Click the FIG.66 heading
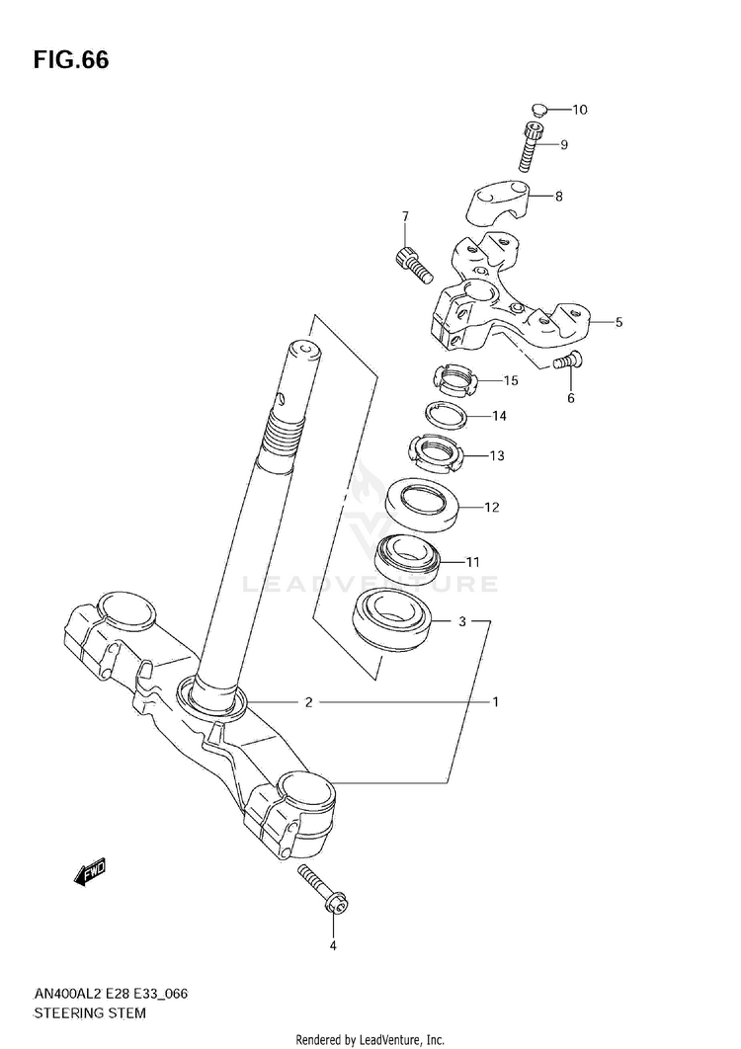pyautogui.click(x=70, y=60)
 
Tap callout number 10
pyautogui.click(x=579, y=109)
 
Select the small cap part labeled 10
pyautogui.click(x=539, y=109)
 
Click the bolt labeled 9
pyautogui.click(x=532, y=145)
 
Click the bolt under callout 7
pyautogui.click(x=411, y=267)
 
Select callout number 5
pyautogui.click(x=618, y=322)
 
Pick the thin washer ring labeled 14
pyautogui.click(x=445, y=416)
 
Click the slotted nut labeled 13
pyautogui.click(x=435, y=454)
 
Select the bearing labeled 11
pyautogui.click(x=407, y=557)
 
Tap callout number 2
pyautogui.click(x=308, y=701)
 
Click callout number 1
pyautogui.click(x=495, y=701)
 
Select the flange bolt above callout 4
pyautogui.click(x=324, y=889)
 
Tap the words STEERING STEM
pyautogui.click(x=89, y=1012)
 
